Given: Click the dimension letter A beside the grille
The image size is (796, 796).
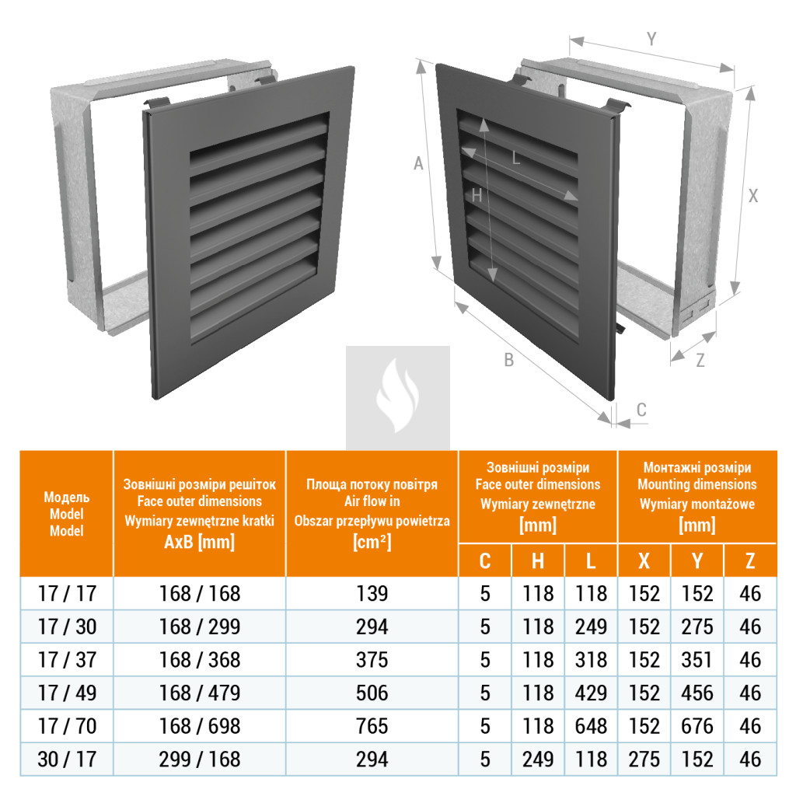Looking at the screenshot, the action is tap(418, 163).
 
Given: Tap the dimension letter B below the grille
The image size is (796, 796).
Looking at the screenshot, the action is tap(508, 360).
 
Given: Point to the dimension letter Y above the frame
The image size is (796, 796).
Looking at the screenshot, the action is tap(651, 39).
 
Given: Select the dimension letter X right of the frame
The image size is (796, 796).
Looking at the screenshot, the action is tap(752, 196).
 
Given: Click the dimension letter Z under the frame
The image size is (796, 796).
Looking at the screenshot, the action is tap(700, 361).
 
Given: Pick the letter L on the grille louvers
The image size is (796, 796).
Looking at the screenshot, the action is tap(516, 159).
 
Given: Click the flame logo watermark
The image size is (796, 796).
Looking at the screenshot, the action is tap(397, 395).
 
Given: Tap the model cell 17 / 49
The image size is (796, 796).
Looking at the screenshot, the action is tap(67, 693).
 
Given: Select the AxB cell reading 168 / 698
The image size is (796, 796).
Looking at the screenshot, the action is tap(200, 726).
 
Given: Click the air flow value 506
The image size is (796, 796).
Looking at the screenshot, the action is tap(372, 693).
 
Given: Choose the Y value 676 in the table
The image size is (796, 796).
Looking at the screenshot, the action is tap(697, 726).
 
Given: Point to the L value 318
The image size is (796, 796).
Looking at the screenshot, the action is tap(591, 660).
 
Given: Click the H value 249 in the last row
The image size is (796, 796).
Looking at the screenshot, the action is tap(538, 759).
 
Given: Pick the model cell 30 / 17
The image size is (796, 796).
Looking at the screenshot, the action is tap(67, 759).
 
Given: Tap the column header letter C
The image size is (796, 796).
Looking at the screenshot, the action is tap(485, 561).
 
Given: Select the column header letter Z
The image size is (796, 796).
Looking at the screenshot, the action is tap(750, 561).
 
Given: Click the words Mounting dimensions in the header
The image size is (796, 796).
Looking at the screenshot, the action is tap(697, 484).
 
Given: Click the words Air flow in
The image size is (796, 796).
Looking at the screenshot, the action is tap(372, 501).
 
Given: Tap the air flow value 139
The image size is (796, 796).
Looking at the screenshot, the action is tap(372, 593).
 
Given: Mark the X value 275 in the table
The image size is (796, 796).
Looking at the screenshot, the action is tap(644, 759).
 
